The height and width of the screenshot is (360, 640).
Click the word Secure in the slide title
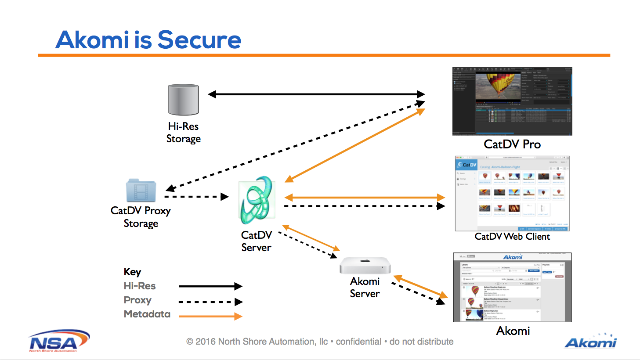click(199, 40)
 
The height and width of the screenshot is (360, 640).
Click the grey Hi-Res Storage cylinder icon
click(184, 100)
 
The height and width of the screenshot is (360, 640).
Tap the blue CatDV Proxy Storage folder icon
click(141, 191)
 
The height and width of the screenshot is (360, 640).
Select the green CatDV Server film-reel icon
click(257, 200)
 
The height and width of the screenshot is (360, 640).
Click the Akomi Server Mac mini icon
click(365, 266)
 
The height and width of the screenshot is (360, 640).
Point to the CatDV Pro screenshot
click(512, 101)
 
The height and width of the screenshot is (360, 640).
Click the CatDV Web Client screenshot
click(512, 194)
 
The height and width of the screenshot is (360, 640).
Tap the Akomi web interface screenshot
click(512, 288)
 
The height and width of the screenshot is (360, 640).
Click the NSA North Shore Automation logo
click(59, 341)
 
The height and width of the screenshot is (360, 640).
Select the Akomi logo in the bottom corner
click(590, 342)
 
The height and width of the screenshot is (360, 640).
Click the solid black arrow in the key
click(210, 286)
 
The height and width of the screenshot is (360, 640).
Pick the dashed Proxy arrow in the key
click(210, 302)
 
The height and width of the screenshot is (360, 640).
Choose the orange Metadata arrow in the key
click(210, 316)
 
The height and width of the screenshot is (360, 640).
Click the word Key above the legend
click(132, 272)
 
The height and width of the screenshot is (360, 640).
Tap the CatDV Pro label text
click(512, 144)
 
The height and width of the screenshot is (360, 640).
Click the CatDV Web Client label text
click(512, 237)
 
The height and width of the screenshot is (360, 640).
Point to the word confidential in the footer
click(358, 342)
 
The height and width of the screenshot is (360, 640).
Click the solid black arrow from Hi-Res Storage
click(316, 94)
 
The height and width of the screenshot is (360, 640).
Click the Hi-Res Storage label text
click(184, 133)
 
